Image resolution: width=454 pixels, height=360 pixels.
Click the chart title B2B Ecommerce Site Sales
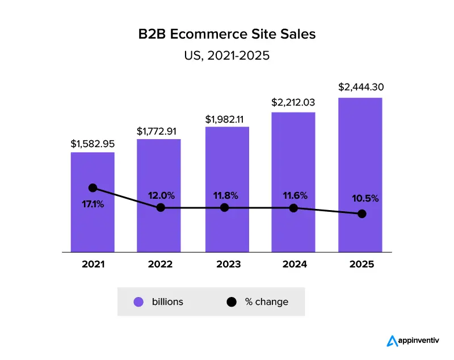click(x=227, y=34)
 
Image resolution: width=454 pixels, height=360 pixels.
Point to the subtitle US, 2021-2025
click(x=227, y=56)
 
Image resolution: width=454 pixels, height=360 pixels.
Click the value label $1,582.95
click(x=93, y=144)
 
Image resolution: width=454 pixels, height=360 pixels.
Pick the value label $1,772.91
click(x=159, y=131)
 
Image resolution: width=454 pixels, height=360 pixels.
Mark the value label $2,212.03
click(x=293, y=103)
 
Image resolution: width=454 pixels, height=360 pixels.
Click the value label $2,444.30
click(x=360, y=87)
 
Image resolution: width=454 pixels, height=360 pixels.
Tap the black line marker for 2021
click(x=93, y=188)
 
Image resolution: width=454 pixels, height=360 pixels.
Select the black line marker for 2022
click(x=161, y=208)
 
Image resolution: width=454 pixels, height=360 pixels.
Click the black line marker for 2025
click(x=362, y=214)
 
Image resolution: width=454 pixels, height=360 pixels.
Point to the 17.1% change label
click(x=93, y=204)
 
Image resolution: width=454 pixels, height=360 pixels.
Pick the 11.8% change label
click(x=226, y=195)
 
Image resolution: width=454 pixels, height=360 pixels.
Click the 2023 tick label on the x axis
click(x=226, y=265)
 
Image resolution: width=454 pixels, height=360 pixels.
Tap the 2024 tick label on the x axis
click(x=294, y=265)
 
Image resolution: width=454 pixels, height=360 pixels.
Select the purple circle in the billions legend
click(x=138, y=302)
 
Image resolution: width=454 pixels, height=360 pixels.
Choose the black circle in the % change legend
click(x=232, y=302)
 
